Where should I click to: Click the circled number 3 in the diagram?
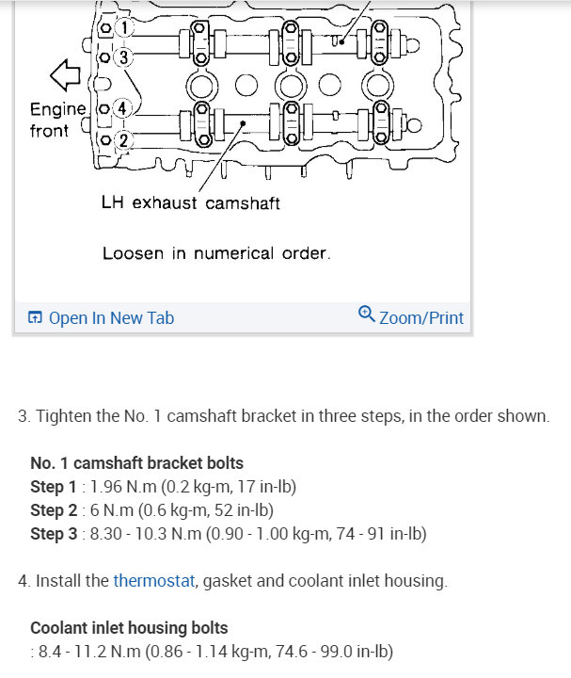(x=122, y=57)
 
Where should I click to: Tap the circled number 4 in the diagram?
(x=122, y=108)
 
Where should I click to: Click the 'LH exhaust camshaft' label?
(x=190, y=202)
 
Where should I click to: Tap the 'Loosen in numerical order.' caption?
(x=216, y=253)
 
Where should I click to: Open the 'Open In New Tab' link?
(x=111, y=317)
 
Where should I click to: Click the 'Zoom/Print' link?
(x=420, y=317)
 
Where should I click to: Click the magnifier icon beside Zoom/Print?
(x=367, y=315)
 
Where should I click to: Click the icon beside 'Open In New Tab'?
(x=35, y=317)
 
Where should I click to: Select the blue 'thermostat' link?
(x=153, y=581)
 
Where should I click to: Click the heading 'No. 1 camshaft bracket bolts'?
(x=136, y=462)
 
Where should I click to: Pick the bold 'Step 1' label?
(x=54, y=487)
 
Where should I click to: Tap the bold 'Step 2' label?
(x=54, y=510)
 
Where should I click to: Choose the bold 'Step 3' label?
(x=54, y=534)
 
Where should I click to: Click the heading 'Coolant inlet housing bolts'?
(x=129, y=627)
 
